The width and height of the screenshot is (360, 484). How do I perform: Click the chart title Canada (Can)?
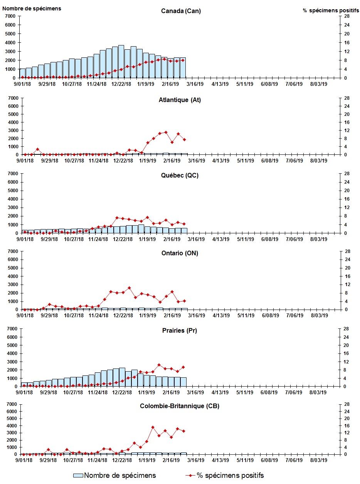point(181,11)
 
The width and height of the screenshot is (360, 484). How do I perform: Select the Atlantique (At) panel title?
point(180,100)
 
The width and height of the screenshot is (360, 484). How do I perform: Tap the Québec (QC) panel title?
point(180,176)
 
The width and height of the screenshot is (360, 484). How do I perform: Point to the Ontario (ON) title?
point(180,253)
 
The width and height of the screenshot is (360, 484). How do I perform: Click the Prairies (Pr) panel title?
point(180,330)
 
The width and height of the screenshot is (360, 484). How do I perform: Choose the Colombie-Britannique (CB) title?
point(180,406)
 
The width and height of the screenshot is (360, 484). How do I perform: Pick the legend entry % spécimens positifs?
point(230,476)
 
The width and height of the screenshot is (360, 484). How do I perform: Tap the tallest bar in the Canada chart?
point(121,62)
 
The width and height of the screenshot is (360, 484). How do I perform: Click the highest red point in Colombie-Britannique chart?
point(153,427)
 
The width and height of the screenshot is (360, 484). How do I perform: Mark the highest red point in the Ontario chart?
point(129,288)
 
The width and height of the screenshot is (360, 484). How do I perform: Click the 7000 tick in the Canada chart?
point(10,16)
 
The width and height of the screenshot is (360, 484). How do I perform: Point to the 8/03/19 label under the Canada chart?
point(319,84)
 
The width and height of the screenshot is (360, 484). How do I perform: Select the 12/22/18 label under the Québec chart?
point(123,239)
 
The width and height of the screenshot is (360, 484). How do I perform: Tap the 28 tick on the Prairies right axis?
point(341,328)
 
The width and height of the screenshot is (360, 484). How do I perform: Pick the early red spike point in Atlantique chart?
point(37,149)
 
